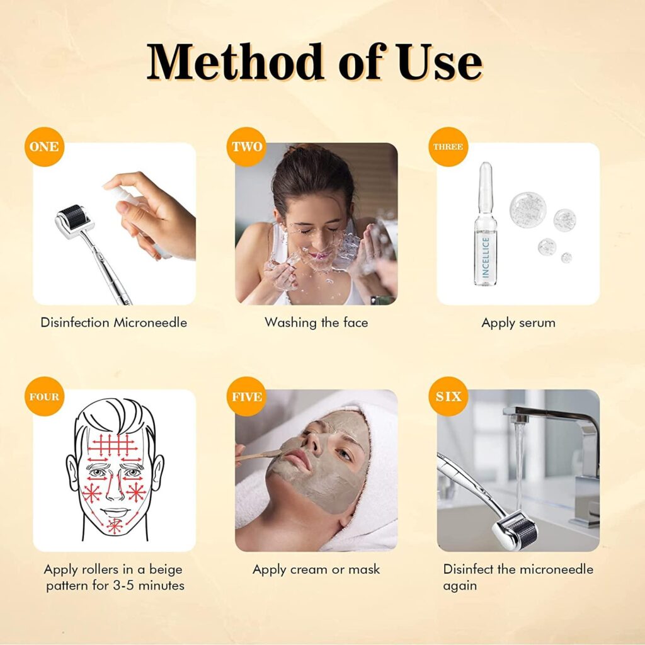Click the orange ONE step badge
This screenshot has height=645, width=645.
pyautogui.click(x=45, y=147)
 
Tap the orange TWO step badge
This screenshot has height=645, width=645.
pyautogui.click(x=246, y=147)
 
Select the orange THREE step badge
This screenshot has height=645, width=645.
pyautogui.click(x=448, y=147)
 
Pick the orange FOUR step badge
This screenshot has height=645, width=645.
pyautogui.click(x=45, y=397)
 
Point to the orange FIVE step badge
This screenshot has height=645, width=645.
pyautogui.click(x=246, y=397)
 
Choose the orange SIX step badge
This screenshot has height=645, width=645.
pyautogui.click(x=448, y=397)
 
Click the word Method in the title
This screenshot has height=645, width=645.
pyautogui.click(x=235, y=62)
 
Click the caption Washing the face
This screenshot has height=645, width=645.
pyautogui.click(x=316, y=322)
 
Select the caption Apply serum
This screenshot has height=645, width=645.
pyautogui.click(x=518, y=323)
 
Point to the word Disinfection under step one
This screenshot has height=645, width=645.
pyautogui.click(x=75, y=322)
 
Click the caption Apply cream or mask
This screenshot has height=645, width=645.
pyautogui.click(x=316, y=569)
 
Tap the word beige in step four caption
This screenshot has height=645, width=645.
pyautogui.click(x=166, y=569)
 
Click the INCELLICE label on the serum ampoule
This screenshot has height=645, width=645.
pyautogui.click(x=486, y=257)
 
